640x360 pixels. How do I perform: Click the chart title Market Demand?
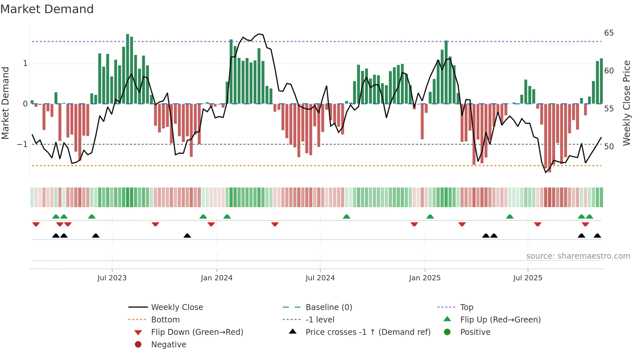47,9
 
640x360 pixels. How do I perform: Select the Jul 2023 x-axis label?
112,278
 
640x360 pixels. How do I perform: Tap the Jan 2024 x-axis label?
216,278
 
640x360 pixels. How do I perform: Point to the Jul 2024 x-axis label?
320,278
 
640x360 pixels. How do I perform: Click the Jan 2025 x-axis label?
424,278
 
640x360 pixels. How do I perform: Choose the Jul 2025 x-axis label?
528,278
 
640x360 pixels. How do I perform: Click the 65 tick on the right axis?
609,33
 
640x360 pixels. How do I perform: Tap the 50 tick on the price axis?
609,146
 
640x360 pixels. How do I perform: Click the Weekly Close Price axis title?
626,103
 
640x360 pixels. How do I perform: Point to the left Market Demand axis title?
5,103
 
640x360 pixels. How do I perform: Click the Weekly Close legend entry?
177,307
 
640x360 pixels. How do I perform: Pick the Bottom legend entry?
165,320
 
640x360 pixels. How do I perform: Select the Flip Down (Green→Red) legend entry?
197,332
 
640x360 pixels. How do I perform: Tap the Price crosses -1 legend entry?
368,332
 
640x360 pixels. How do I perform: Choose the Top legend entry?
466,307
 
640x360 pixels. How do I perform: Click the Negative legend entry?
168,345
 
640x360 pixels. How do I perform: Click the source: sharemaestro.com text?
578,256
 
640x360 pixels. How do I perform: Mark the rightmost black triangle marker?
597,236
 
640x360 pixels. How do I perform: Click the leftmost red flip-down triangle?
36,224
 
